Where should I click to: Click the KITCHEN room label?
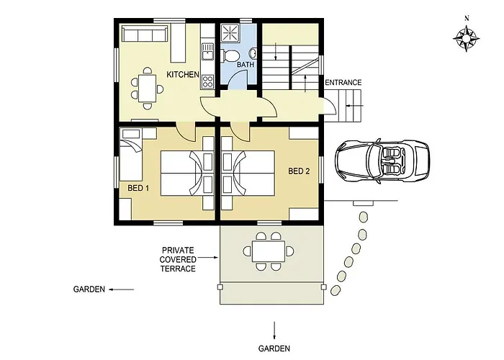coord(183,75)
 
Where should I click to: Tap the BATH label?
coord(246,65)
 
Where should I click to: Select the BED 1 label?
coord(138,188)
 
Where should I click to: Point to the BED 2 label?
coord(299,171)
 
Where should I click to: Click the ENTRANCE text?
coord(343,83)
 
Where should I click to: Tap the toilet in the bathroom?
coord(230,55)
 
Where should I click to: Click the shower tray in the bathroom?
coord(230,33)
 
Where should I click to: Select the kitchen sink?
coord(207,52)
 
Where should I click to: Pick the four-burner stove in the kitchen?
coord(207,81)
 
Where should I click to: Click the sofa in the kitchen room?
coord(145,34)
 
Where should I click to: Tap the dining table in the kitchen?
coord(148,89)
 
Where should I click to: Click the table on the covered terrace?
coord(269,251)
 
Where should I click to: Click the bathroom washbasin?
coord(253,53)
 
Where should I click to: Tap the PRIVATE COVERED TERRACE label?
coord(178,259)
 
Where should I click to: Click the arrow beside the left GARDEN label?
coord(121,289)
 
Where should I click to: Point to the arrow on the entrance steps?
coord(354,105)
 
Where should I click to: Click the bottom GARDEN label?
coord(274,348)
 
